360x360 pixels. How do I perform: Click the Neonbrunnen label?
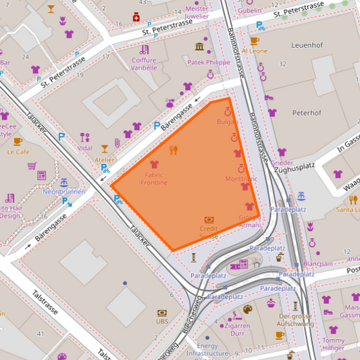(63, 192)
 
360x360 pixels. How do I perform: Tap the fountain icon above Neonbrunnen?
(64, 182)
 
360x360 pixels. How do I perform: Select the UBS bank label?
(162, 322)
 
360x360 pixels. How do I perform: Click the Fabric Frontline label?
(154, 178)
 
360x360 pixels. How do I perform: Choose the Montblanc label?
(241, 179)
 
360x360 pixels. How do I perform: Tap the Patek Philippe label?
(209, 63)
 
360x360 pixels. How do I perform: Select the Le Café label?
(18, 152)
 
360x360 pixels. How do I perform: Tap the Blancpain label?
(318, 264)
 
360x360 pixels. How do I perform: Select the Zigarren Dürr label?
(236, 329)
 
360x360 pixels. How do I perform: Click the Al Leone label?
(254, 51)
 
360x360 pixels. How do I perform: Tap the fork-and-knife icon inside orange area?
(173, 150)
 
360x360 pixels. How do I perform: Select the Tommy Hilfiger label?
(333, 344)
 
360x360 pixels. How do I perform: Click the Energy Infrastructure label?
(207, 349)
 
